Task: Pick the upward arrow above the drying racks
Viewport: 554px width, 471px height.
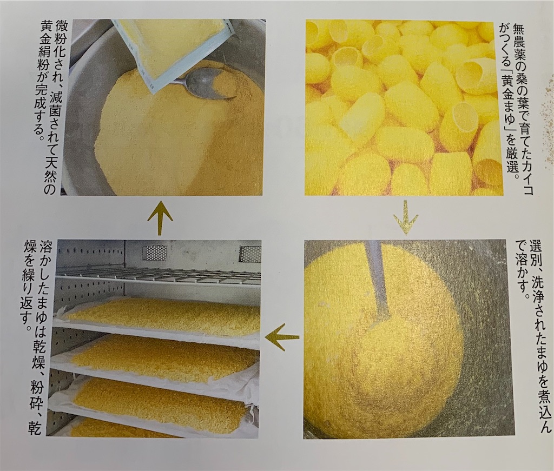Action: (160, 217)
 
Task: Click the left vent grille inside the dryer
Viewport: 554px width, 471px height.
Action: (154, 253)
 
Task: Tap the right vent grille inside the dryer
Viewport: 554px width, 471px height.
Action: (249, 253)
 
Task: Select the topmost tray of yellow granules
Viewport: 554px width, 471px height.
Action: (162, 316)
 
